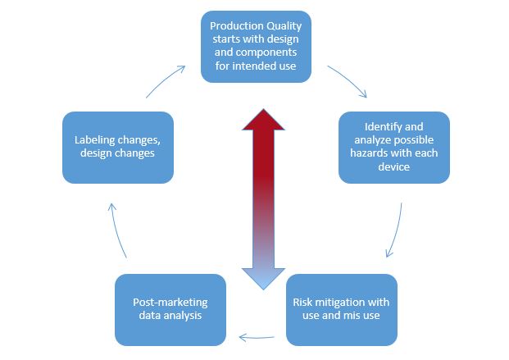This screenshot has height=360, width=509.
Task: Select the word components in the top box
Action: [264, 53]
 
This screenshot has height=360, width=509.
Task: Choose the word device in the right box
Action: [393, 166]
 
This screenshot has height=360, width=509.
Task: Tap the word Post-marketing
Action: [170, 303]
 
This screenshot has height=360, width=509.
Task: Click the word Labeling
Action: [94, 140]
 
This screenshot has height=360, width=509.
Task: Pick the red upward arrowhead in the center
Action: [263, 120]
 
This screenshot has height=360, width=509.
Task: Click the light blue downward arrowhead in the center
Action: [263, 279]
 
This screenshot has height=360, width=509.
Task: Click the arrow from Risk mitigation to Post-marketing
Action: [257, 338]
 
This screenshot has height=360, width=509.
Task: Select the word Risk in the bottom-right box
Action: [300, 303]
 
